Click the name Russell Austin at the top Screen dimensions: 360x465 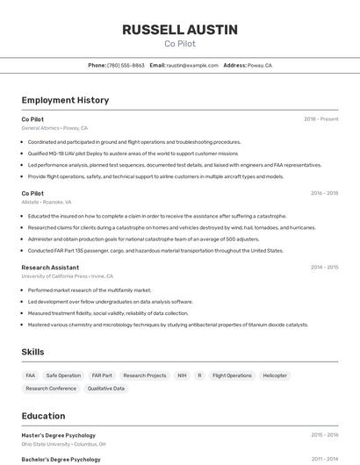click(180, 29)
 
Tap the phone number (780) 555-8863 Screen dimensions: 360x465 click(126, 65)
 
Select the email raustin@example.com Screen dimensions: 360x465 click(192, 65)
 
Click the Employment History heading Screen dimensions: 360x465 click(65, 100)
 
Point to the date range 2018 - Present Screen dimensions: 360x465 click(320, 119)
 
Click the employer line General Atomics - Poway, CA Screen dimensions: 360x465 click(55, 128)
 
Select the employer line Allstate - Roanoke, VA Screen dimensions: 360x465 click(47, 202)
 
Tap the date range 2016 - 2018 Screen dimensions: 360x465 click(324, 193)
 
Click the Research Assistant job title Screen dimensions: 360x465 click(50, 267)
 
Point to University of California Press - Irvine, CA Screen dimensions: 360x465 click(68, 275)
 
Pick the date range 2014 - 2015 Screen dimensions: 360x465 click(324, 267)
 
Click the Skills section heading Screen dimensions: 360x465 click(33, 352)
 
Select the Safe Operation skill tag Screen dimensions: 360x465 click(63, 376)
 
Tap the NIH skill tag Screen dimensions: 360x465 click(182, 376)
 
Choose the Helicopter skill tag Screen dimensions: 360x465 click(275, 376)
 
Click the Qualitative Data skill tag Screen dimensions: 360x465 click(106, 388)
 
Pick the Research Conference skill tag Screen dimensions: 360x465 click(51, 388)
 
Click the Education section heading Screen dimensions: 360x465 click(43, 416)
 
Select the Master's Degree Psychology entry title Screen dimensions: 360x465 click(59, 435)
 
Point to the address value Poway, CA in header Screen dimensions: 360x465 click(260, 65)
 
